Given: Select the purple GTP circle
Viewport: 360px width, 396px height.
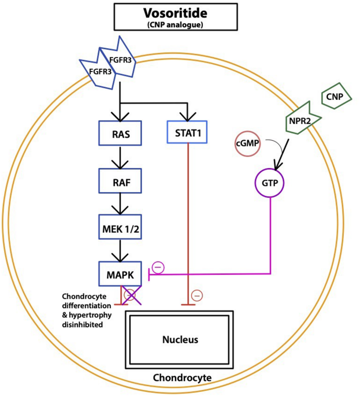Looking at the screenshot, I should [x=270, y=183].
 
